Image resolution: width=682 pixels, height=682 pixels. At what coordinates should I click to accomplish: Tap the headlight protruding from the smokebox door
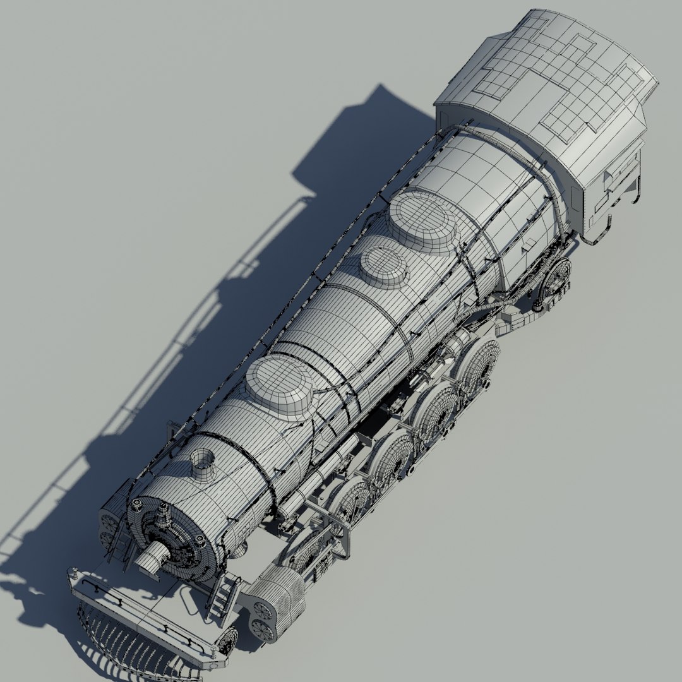(153, 556)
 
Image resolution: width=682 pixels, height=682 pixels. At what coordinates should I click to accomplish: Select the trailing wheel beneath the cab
(556, 278)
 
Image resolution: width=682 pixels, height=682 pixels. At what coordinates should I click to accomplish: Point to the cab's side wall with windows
(613, 183)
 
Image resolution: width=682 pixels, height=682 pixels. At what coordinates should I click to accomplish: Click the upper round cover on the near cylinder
(263, 609)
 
